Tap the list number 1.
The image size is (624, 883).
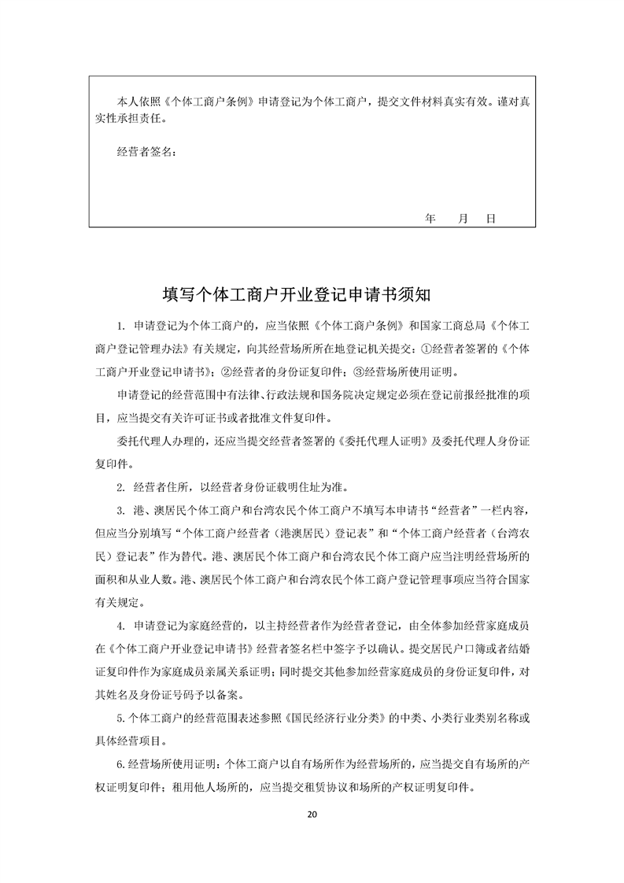(120, 326)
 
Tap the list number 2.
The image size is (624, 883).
(120, 486)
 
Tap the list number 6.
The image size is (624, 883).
(120, 766)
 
